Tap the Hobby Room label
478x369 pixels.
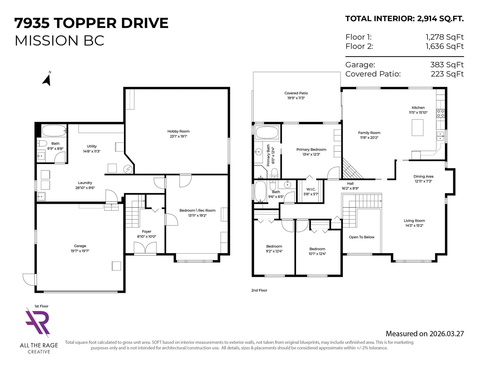(x=178, y=131)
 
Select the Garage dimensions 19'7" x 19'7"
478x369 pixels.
(x=80, y=251)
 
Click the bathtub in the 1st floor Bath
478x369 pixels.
(x=54, y=131)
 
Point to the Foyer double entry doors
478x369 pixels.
(x=145, y=248)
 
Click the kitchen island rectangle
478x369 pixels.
(x=417, y=127)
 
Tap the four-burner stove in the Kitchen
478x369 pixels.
(x=440, y=113)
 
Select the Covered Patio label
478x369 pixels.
(x=296, y=93)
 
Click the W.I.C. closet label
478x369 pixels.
(x=311, y=189)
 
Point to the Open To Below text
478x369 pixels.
(x=361, y=237)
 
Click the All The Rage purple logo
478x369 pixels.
(x=38, y=322)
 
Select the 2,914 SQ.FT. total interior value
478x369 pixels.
(x=440, y=19)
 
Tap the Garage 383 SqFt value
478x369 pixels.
(x=447, y=64)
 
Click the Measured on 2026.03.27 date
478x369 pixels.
(x=425, y=333)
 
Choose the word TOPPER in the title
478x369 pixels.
(x=85, y=23)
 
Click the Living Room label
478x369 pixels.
(x=414, y=220)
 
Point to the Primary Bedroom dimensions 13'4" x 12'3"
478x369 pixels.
(x=311, y=154)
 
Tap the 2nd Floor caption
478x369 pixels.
(x=259, y=290)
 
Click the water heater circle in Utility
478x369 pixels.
(x=128, y=169)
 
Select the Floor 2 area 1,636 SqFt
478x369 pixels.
(x=445, y=46)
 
